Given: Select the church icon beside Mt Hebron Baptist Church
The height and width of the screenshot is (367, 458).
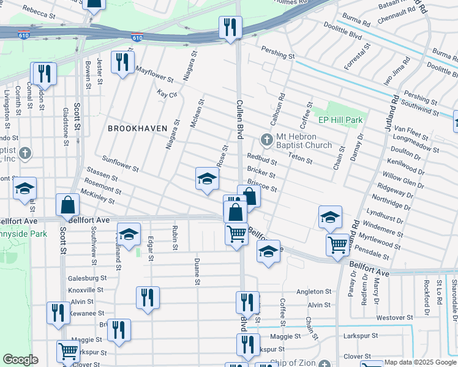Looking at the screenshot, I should point(266,140).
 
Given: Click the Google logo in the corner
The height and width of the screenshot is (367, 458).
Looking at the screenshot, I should point(20,360).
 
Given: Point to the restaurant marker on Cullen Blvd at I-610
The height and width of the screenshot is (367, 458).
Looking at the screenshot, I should point(231,28).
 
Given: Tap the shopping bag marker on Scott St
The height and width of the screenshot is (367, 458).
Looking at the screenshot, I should point(67,206).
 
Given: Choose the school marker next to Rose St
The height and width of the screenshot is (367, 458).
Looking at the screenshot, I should point(208,179).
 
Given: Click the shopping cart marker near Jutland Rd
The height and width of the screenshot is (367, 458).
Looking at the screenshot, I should point(337,244).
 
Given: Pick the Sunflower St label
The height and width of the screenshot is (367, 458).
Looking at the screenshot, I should point(120,163).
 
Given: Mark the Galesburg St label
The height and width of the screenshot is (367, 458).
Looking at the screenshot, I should point(87,278).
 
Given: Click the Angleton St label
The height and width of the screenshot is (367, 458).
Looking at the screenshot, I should point(313,292).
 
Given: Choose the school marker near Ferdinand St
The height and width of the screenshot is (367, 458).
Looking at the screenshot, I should point(129,235).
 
